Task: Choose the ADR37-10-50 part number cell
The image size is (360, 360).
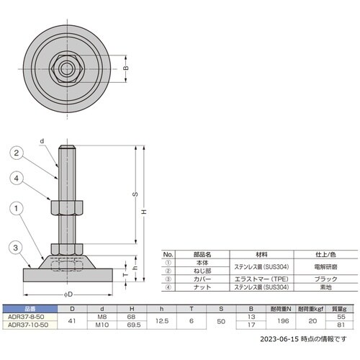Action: tap(25, 324)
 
